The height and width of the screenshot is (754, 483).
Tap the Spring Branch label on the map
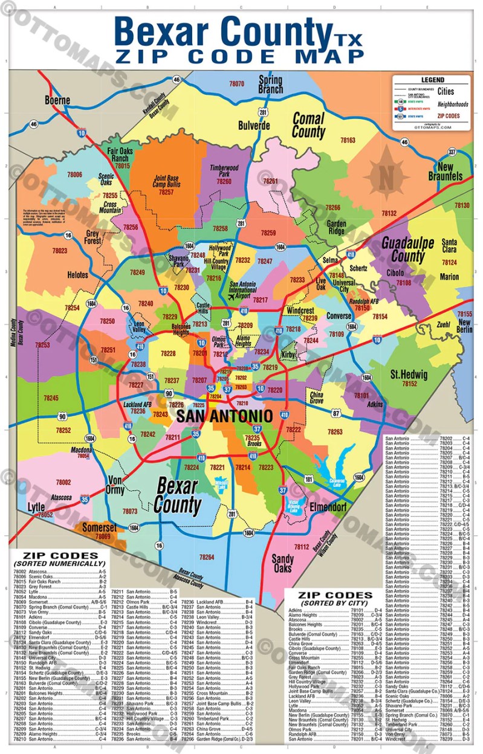point(270,84)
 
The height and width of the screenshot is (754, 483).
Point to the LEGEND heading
point(432,80)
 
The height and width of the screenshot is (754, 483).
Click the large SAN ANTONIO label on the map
point(224,416)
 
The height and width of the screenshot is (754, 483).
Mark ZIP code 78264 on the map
point(207,556)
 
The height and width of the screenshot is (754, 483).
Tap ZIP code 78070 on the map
point(236,83)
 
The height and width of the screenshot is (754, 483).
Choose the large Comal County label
point(308,125)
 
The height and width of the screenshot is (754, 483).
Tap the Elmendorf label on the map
point(328,506)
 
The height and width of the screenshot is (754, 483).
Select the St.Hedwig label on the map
point(409,375)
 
